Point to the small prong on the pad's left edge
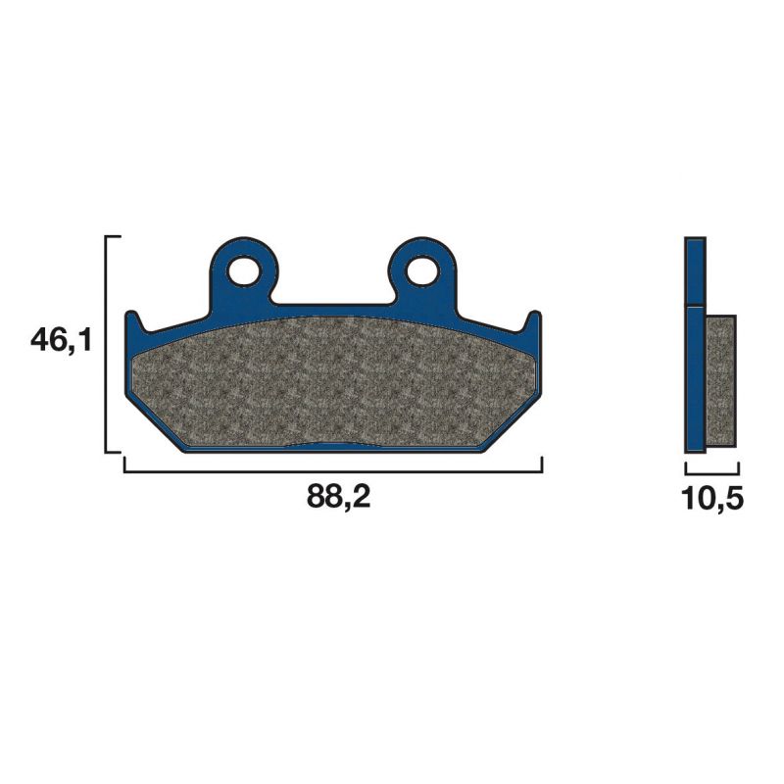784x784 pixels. pyautogui.click(x=134, y=321)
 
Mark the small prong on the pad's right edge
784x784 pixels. pyautogui.click(x=534, y=321)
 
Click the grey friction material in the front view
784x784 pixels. pyautogui.click(x=333, y=382)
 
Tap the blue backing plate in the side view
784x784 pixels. pyautogui.click(x=695, y=353)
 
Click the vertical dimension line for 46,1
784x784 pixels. pyautogui.click(x=106, y=343)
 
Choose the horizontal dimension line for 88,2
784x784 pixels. pyautogui.click(x=333, y=471)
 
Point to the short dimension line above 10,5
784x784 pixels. pyautogui.click(x=710, y=471)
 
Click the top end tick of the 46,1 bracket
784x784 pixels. pyautogui.click(x=113, y=237)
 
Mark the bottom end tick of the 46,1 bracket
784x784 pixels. pyautogui.click(x=113, y=452)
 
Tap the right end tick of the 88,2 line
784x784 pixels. pyautogui.click(x=542, y=465)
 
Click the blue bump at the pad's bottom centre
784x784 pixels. pyautogui.click(x=334, y=446)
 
